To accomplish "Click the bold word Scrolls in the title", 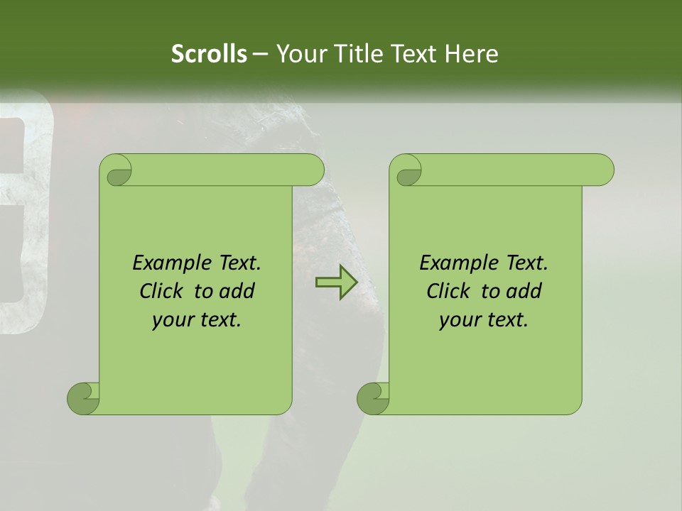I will pos(209,54).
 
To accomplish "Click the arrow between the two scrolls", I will pos(337,282).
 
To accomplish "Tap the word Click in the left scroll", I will pos(155,291).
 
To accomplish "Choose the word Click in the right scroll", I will pos(442,291).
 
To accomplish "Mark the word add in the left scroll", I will pos(238,291).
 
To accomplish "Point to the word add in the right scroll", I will pos(525,291).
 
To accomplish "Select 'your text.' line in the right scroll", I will pos(484,320).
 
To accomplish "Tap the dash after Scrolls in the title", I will pos(260,54).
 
